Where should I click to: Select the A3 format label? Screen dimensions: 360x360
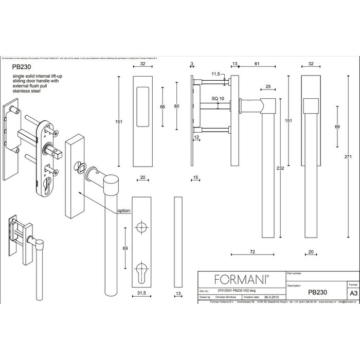tap(353, 292)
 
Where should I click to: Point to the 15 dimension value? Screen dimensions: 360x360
tap(195, 178)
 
